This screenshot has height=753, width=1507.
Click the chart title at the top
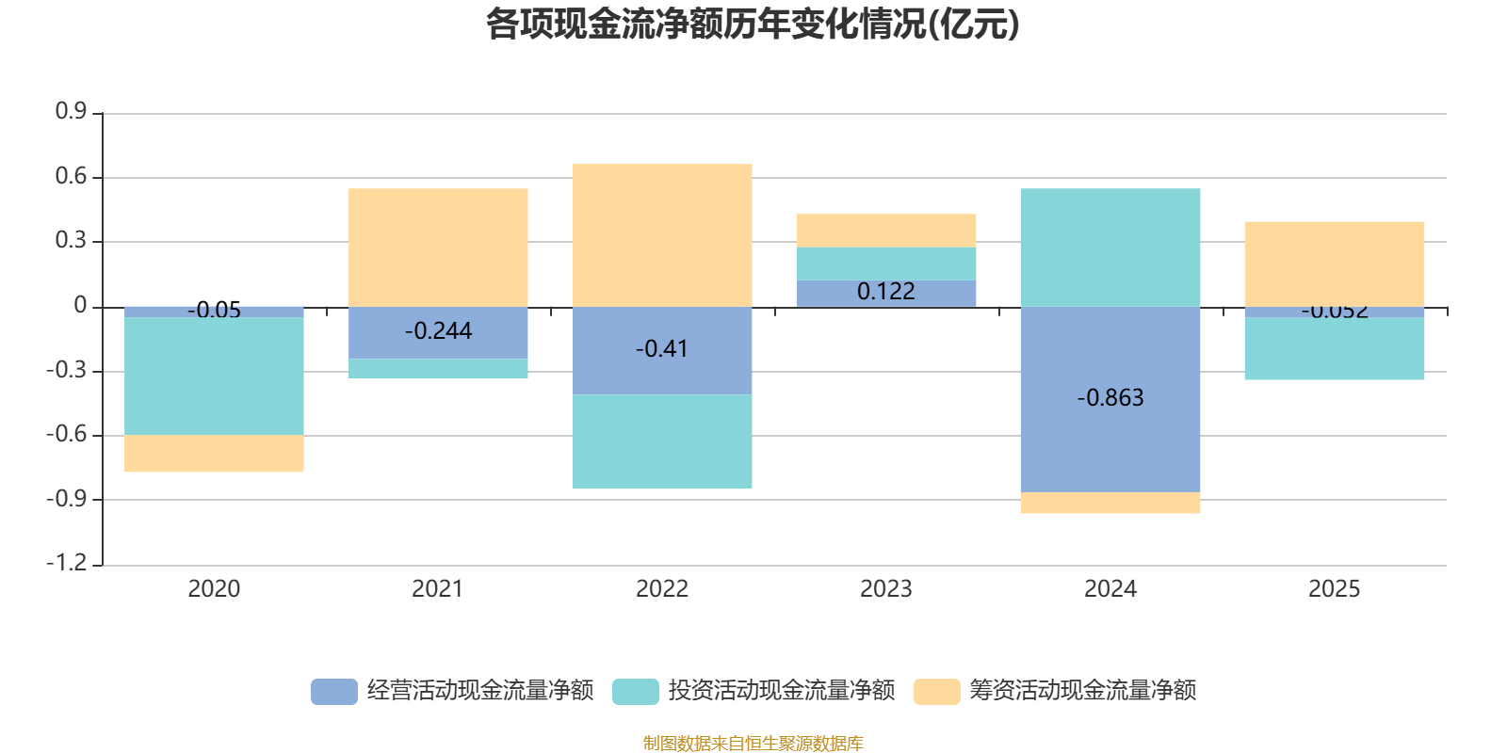[753, 24]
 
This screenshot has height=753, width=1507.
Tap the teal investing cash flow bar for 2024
[1110, 247]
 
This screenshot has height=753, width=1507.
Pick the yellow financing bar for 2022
[662, 234]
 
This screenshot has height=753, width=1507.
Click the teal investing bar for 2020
[214, 376]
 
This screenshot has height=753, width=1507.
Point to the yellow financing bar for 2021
[438, 247]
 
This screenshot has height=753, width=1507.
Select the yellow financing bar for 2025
[1334, 264]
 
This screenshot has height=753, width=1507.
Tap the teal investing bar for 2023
[885, 264]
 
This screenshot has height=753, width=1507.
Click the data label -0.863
[1110, 397]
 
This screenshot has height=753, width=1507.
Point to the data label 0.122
[885, 292]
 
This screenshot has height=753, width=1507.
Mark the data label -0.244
[438, 330]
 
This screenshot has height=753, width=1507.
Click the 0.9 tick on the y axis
[71, 112]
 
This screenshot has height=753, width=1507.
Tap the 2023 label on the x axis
[885, 589]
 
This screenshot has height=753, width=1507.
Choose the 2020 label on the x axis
[214, 589]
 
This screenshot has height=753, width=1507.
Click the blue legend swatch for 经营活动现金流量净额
[334, 691]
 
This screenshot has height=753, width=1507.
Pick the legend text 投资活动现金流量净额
[781, 691]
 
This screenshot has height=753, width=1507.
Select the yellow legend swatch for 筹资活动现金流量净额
[937, 691]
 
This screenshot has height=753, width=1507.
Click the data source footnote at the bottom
[753, 744]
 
